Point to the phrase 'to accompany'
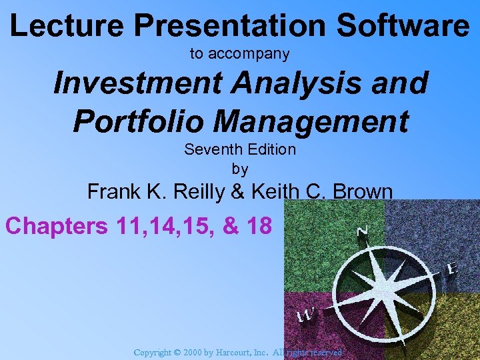239,54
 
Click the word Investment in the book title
133,84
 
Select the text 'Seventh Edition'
239,149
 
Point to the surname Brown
363,192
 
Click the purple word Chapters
56,226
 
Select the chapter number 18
257,226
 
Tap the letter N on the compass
363,231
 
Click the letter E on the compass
451,268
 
